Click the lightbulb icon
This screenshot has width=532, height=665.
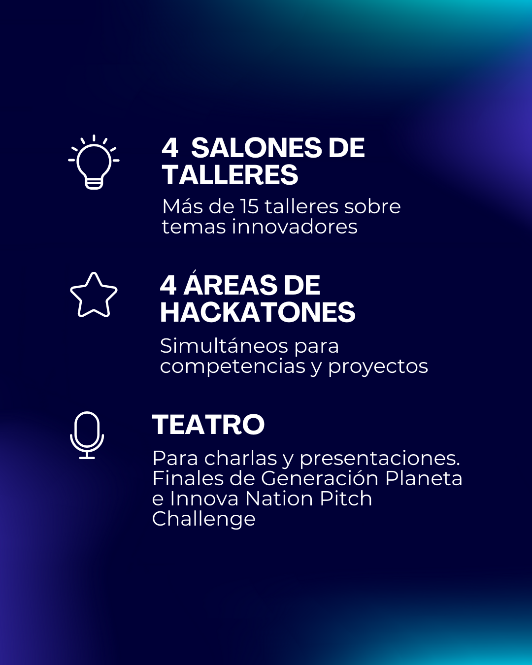(94, 167)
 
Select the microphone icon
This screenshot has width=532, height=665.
(87, 435)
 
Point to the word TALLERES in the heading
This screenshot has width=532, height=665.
(231, 175)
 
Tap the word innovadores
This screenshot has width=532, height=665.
(295, 227)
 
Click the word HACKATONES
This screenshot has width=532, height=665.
(258, 312)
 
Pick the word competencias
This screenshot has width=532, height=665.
(233, 367)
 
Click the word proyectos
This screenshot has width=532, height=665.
(378, 367)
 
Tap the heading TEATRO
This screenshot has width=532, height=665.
(208, 425)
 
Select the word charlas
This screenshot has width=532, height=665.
(240, 458)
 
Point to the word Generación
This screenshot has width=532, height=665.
(320, 478)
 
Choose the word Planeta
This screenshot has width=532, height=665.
(424, 478)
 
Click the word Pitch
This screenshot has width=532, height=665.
(346, 499)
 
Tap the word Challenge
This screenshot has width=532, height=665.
(204, 520)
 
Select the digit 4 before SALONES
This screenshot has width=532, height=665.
(170, 148)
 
